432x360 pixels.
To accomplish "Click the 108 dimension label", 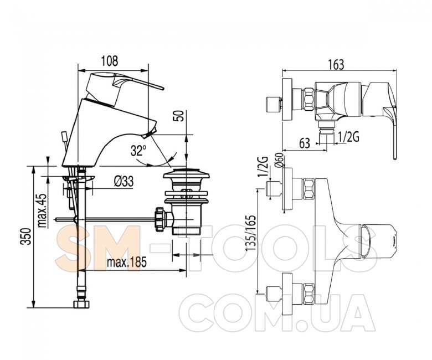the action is pos(110,61).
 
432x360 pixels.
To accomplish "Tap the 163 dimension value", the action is pos(336,65).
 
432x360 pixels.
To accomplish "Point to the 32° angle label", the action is pos(138,151).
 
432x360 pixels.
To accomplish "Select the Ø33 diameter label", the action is pos(124,182).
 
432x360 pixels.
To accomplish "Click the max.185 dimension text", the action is pos(127,263).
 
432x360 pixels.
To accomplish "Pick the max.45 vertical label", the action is pos(42,210).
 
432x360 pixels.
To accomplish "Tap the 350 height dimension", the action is pos(27,236).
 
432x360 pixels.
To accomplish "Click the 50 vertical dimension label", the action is pos(178,116).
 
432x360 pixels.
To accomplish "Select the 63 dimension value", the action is pos(305,143).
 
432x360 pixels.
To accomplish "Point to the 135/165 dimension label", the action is pos(251,233).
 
